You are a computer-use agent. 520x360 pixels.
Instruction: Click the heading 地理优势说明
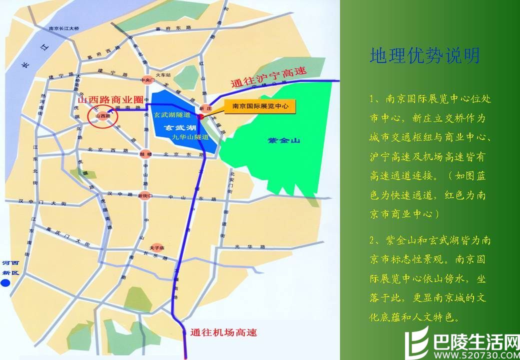point(424,55)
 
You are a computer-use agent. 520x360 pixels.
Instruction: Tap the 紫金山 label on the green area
point(283,141)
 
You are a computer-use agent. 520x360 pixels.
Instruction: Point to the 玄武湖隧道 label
point(172,114)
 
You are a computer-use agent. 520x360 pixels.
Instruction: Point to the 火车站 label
point(164,74)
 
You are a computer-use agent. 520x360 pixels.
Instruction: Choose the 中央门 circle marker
point(146,80)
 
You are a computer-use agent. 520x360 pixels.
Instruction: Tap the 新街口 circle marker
point(145,195)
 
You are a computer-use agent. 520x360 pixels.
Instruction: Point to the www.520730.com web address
point(475,353)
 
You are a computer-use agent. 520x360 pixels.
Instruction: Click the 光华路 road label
point(242,246)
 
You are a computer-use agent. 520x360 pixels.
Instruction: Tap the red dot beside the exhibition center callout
point(200,116)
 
